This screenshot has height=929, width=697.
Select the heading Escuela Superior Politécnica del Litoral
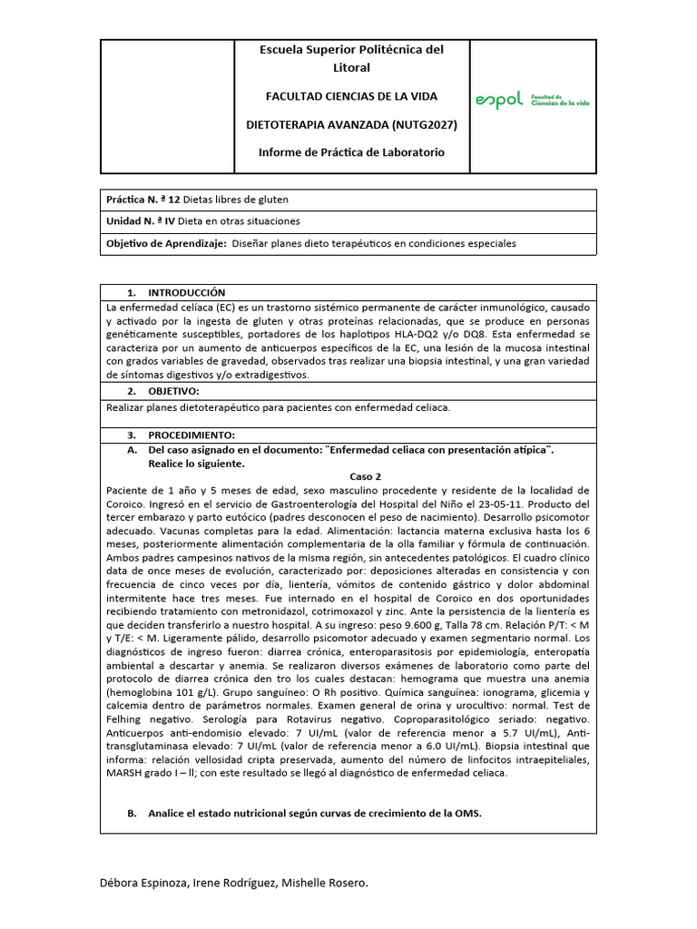tap(350, 58)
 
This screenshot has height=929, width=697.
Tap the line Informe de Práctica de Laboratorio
tap(350, 152)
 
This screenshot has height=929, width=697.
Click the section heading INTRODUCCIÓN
tap(185, 292)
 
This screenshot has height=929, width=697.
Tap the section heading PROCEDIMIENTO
tap(191, 435)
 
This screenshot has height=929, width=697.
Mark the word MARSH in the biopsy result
tap(123, 773)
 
